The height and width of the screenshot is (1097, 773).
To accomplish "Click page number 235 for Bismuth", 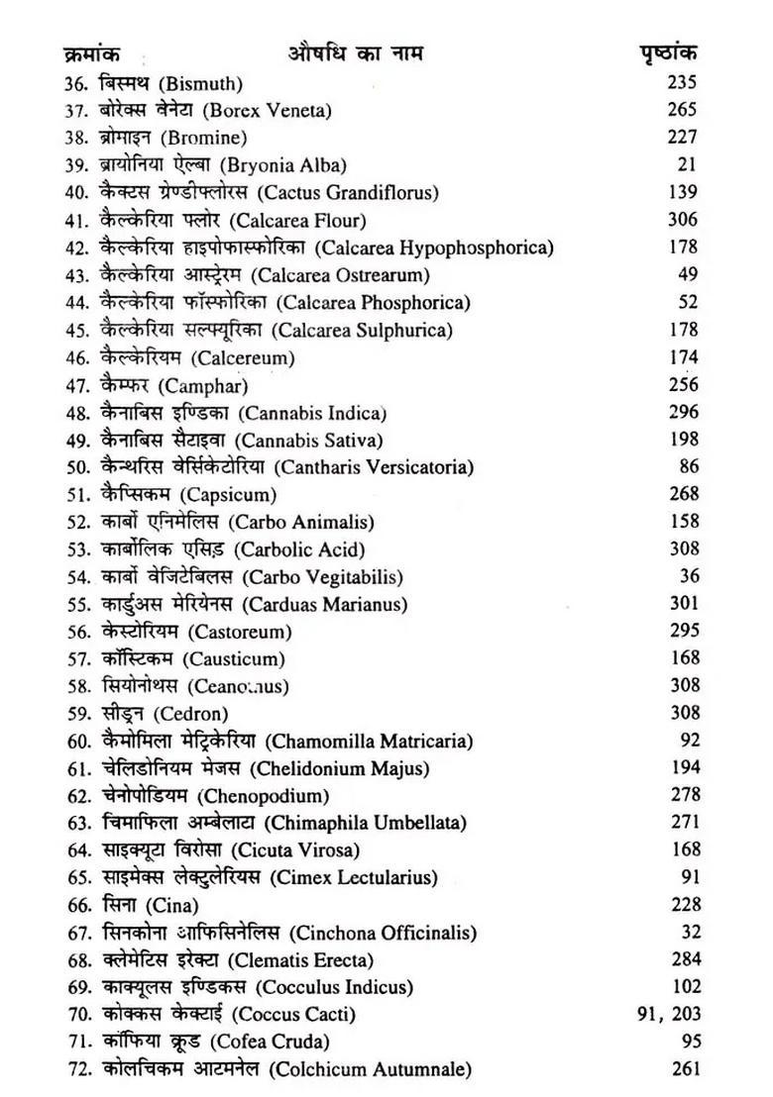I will [x=682, y=83].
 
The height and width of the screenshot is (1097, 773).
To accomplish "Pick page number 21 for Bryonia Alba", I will [x=690, y=164].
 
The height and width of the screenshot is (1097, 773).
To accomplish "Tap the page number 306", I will [x=682, y=220].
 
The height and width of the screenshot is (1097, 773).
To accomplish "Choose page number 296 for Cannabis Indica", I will [x=682, y=412].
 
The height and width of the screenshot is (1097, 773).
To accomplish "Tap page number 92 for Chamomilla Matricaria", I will [x=690, y=740].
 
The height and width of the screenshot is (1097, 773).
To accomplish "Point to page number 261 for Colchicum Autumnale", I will [x=682, y=1068].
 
